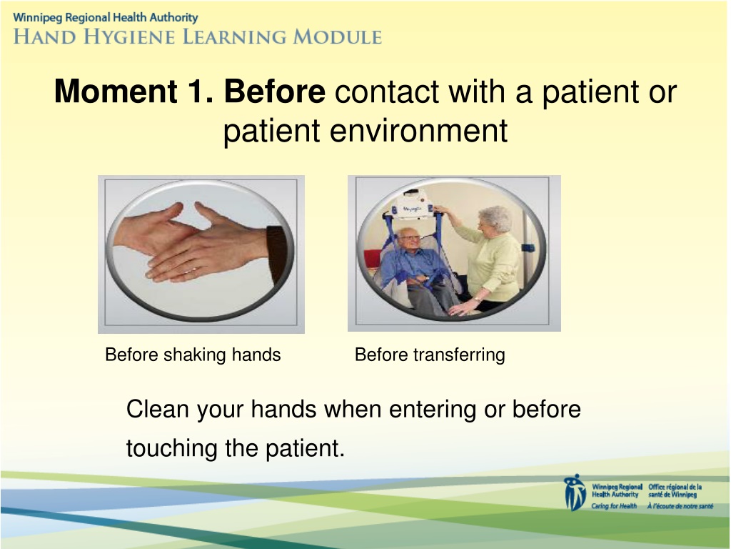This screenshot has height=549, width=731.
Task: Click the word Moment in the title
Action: click(x=116, y=91)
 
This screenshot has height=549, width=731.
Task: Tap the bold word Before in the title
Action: click(x=275, y=91)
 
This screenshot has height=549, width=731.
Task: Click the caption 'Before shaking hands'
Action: click(x=193, y=355)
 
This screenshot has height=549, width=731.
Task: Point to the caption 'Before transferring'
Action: click(x=430, y=355)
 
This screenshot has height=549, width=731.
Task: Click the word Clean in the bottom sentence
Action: click(x=158, y=409)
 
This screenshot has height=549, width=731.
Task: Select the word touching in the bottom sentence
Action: click(x=172, y=449)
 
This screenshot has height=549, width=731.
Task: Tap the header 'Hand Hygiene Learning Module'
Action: click(x=198, y=36)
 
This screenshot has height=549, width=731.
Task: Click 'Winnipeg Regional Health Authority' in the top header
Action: click(x=106, y=18)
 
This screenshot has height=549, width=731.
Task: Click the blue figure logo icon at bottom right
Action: click(x=575, y=493)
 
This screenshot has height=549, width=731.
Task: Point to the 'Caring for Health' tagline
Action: click(x=614, y=506)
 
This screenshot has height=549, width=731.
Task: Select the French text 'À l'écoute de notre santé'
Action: click(x=680, y=506)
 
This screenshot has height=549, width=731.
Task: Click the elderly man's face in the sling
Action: click(x=409, y=240)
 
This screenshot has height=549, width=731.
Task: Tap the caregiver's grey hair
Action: click(x=496, y=217)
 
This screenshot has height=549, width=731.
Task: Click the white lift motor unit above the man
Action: click(x=413, y=205)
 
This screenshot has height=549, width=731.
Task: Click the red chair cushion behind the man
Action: click(x=373, y=262)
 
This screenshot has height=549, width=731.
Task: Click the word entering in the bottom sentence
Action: click(x=433, y=410)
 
